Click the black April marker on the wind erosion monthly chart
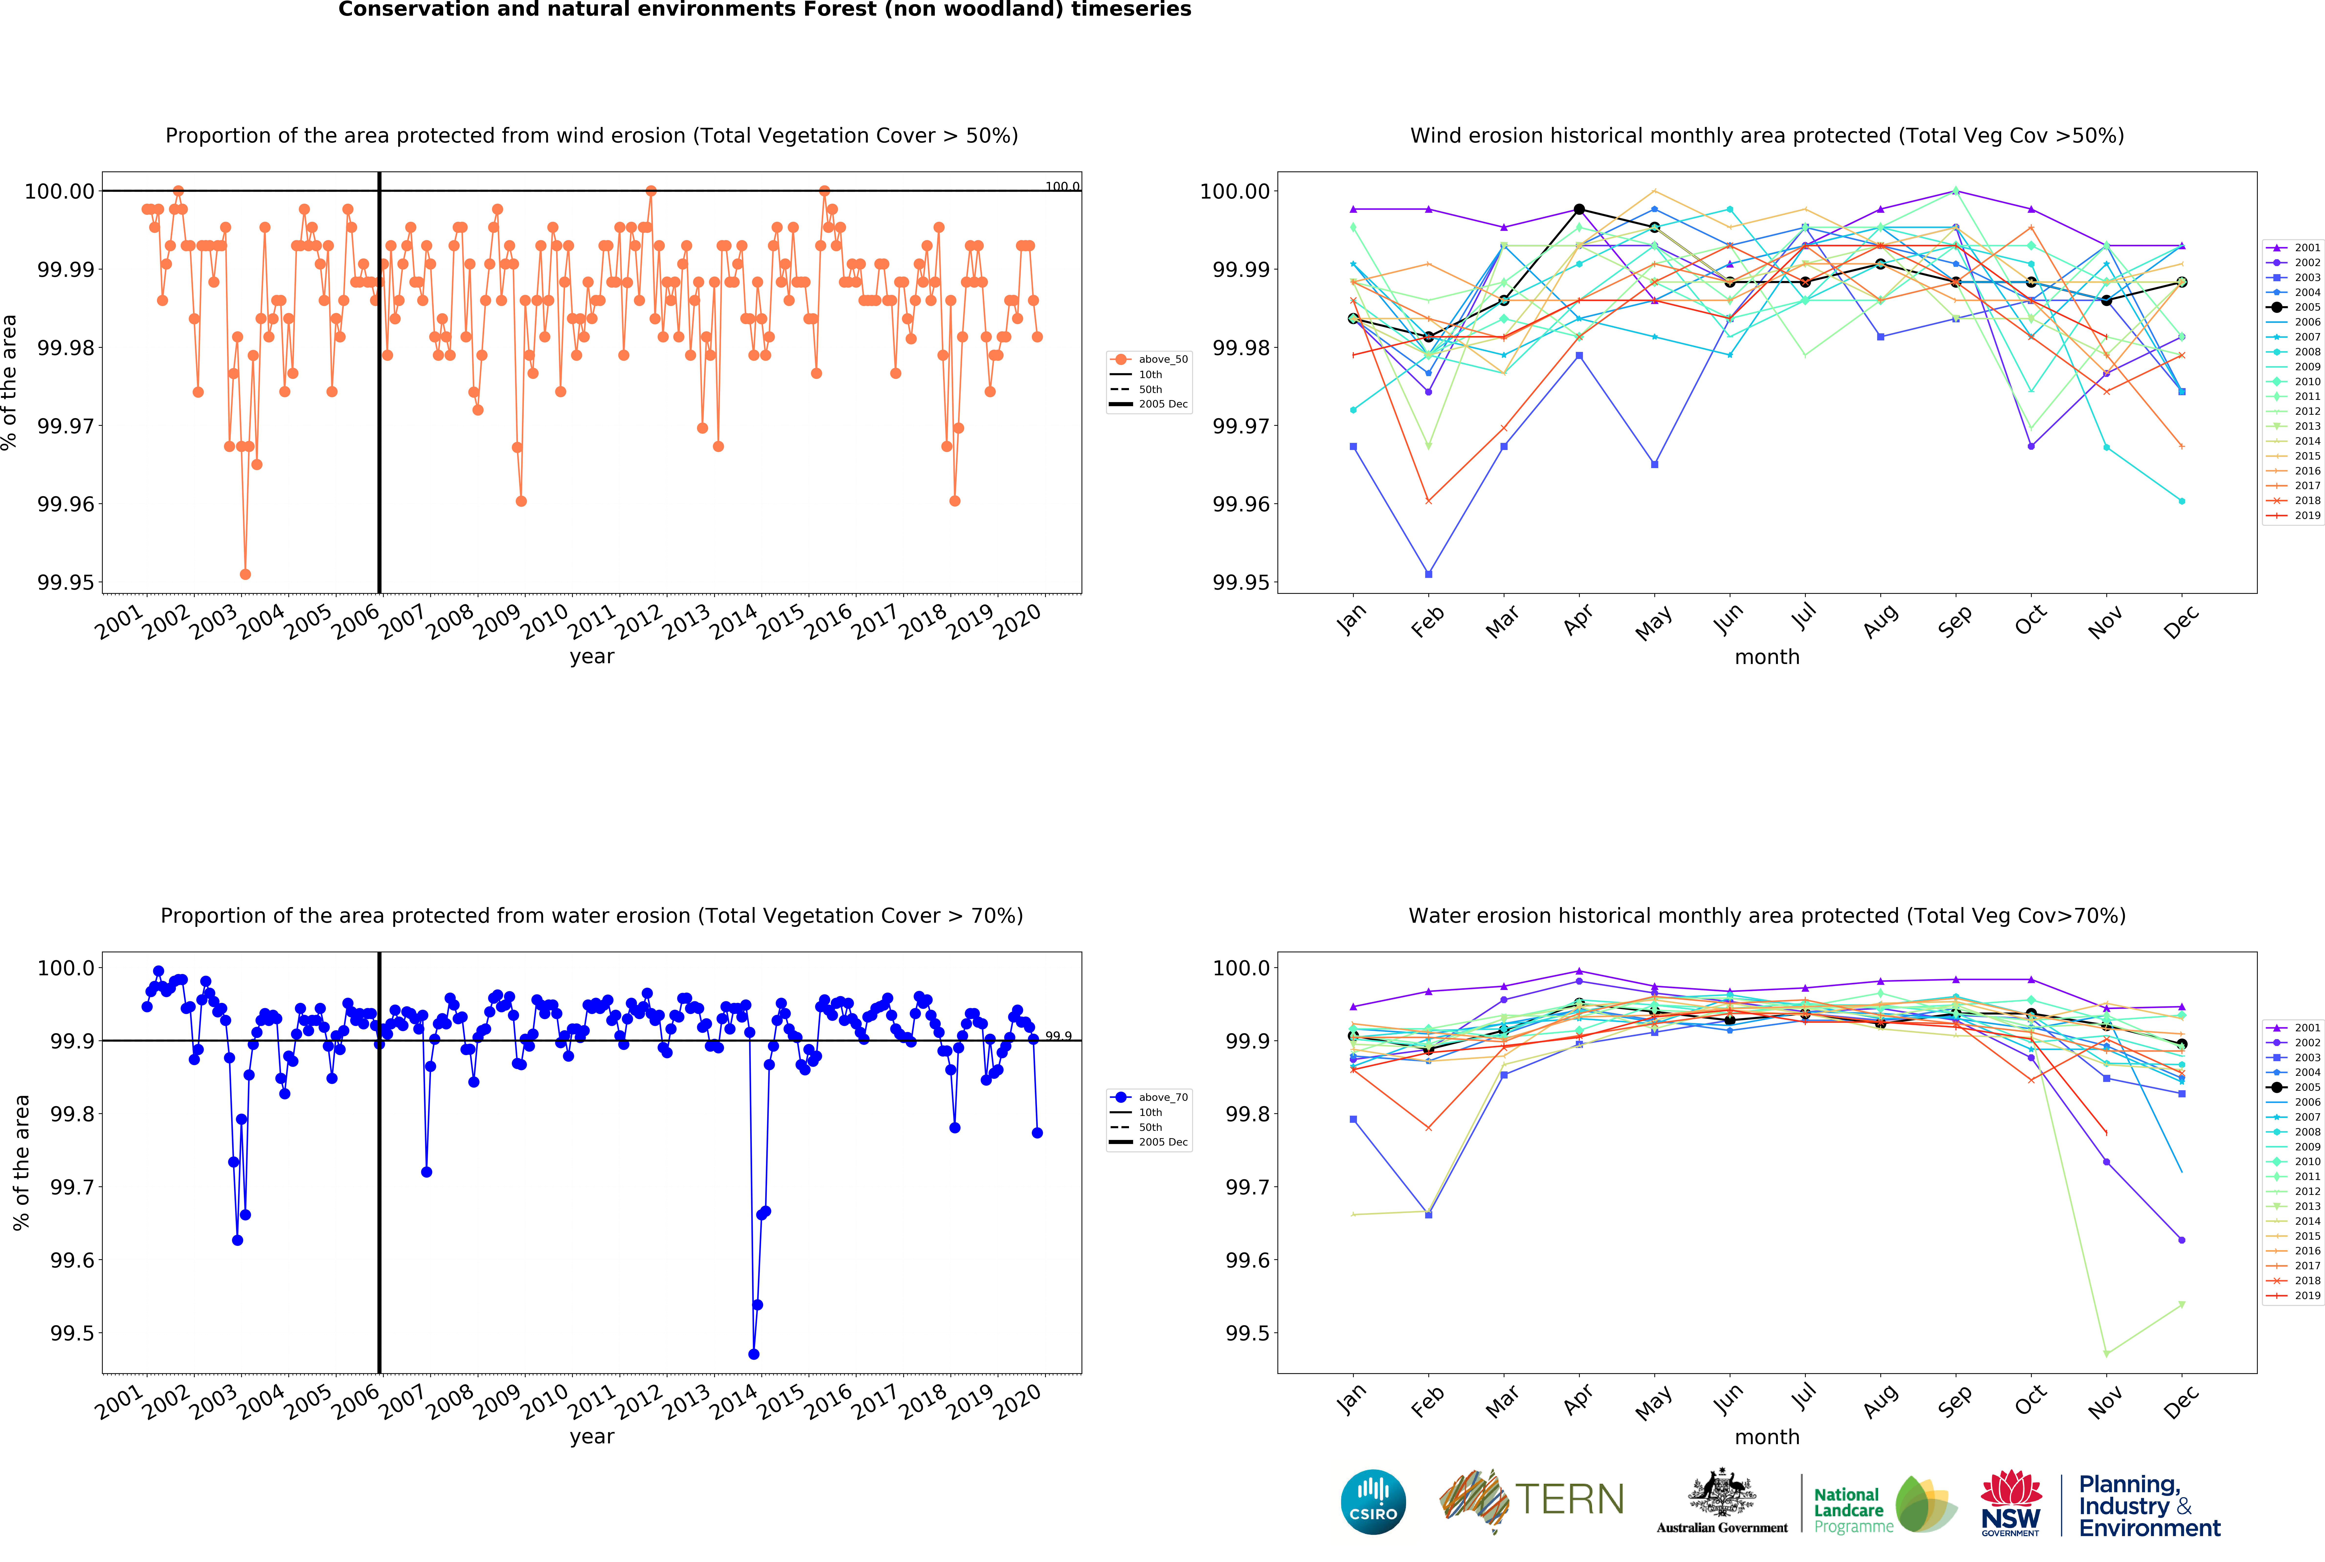coord(1579,209)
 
